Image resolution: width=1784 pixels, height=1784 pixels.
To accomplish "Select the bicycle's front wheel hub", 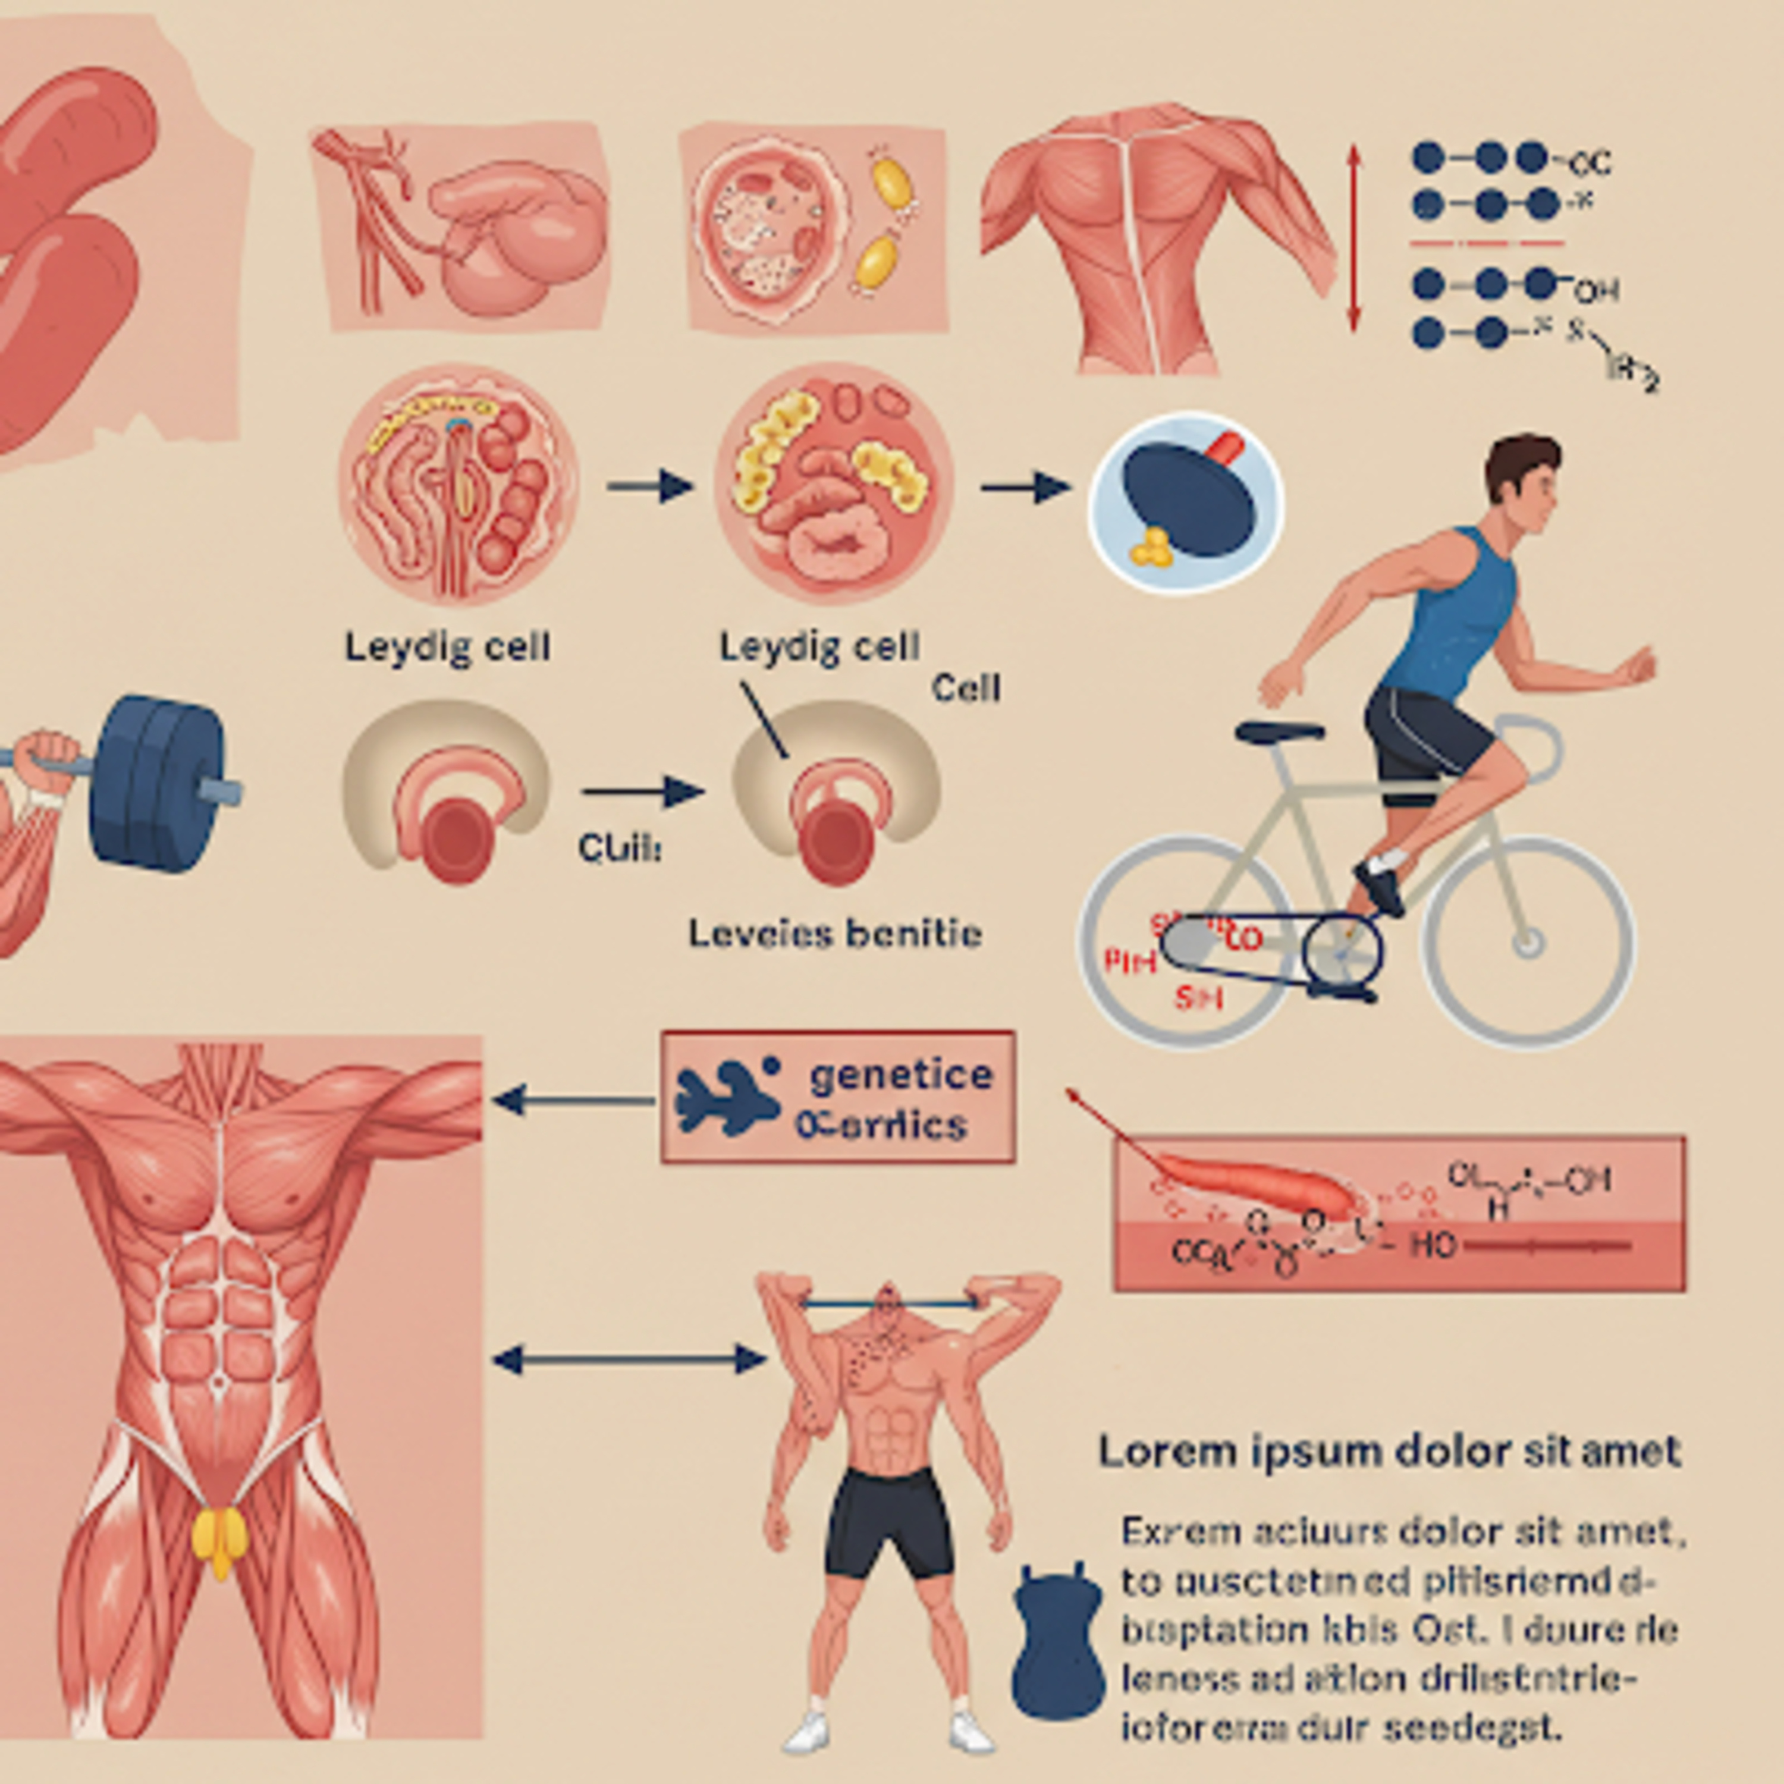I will (x=1528, y=943).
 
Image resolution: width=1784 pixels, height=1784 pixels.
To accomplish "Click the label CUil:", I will (x=618, y=847).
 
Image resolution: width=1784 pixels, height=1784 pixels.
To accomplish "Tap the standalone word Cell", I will (x=966, y=688).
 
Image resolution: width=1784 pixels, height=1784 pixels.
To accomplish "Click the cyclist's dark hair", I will (x=1519, y=461).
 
